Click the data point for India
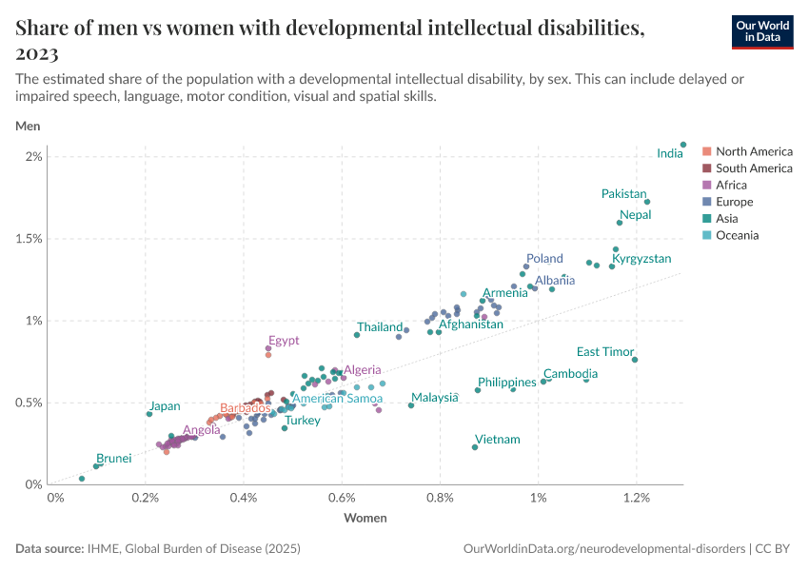tap(683, 145)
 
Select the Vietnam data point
tap(475, 447)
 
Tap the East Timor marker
tap(635, 360)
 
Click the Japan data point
tap(149, 414)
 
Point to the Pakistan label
tap(623, 194)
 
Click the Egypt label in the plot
tap(284, 341)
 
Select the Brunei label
tap(113, 459)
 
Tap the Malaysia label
tap(435, 398)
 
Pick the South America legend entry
tap(754, 168)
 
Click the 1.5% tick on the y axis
tap(29, 239)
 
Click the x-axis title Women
tap(365, 519)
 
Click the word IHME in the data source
tap(103, 549)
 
